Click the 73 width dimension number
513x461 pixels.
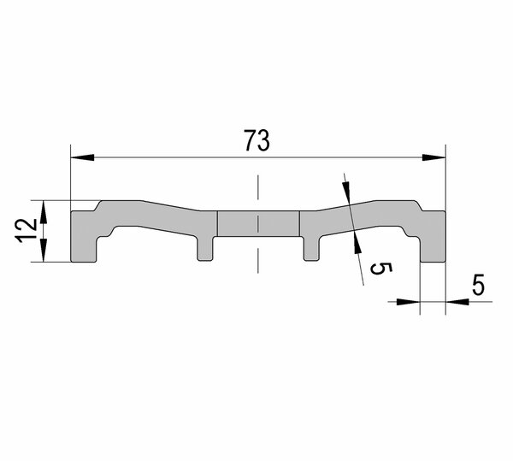click(257, 140)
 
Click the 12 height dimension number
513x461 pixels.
click(27, 230)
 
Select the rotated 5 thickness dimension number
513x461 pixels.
click(380, 269)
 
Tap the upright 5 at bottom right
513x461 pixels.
click(478, 285)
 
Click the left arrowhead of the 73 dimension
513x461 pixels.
click(82, 157)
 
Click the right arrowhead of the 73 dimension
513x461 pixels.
click(433, 157)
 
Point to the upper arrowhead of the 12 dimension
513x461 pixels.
click(44, 212)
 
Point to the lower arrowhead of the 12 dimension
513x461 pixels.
click(44, 251)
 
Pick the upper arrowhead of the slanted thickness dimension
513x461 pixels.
click(347, 193)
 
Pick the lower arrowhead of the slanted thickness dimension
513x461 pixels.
click(357, 242)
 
